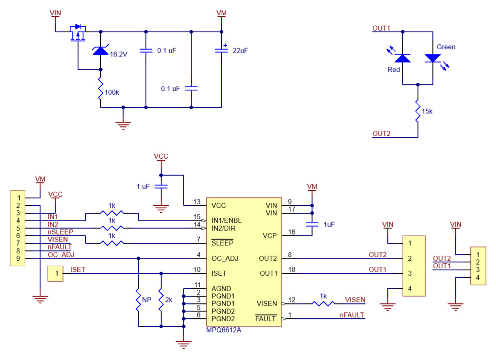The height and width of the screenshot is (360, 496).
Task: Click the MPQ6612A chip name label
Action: (224, 329)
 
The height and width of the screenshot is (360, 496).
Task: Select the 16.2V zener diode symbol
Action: (100, 50)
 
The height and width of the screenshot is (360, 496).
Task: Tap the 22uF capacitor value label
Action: (240, 51)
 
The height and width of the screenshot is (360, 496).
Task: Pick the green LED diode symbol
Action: (433, 58)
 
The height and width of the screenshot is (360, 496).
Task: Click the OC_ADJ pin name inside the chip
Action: (225, 258)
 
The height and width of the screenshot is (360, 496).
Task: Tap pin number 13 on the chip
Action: (197, 202)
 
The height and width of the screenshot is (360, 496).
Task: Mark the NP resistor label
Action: (146, 300)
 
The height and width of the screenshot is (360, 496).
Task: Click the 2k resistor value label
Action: (169, 300)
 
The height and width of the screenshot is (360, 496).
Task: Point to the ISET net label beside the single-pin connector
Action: (78, 270)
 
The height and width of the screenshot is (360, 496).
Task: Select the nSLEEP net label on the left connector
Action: (61, 232)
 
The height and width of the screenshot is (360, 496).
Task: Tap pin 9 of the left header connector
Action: (17, 258)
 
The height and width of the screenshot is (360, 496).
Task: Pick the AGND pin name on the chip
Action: (221, 288)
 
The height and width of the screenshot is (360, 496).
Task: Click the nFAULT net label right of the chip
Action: (352, 315)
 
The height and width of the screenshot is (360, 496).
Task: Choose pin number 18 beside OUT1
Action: (292, 270)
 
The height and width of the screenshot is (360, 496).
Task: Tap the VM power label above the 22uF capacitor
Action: (221, 12)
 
